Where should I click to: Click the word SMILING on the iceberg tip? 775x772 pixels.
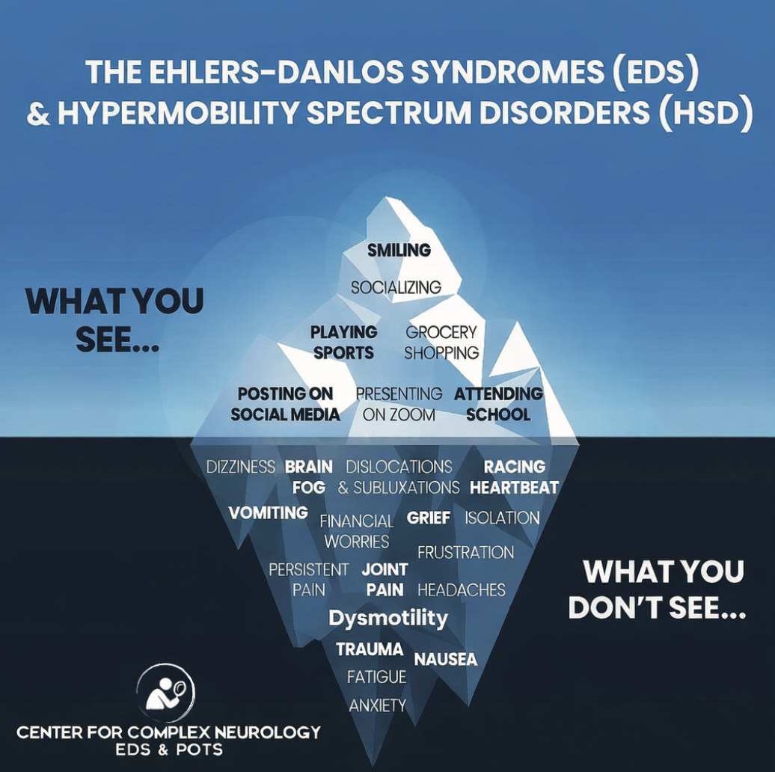pyautogui.click(x=399, y=251)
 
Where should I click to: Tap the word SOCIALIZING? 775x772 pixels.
pyautogui.click(x=396, y=287)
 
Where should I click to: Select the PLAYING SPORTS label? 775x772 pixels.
pyautogui.click(x=343, y=342)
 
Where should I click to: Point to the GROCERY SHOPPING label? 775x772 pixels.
pyautogui.click(x=441, y=342)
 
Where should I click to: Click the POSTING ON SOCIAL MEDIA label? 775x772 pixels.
pyautogui.click(x=285, y=404)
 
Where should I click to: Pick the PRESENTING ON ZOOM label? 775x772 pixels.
pyautogui.click(x=399, y=404)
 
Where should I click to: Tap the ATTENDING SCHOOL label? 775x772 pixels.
pyautogui.click(x=498, y=404)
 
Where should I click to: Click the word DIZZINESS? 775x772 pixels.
pyautogui.click(x=241, y=468)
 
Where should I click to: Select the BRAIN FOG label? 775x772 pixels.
pyautogui.click(x=309, y=477)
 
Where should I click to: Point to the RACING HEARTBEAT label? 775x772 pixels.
pyautogui.click(x=514, y=477)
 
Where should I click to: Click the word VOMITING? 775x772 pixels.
pyautogui.click(x=268, y=512)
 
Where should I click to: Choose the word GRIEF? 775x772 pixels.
pyautogui.click(x=429, y=518)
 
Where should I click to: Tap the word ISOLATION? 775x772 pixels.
pyautogui.click(x=502, y=518)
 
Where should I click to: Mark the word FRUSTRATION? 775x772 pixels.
pyautogui.click(x=465, y=553)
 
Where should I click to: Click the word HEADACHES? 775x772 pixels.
pyautogui.click(x=461, y=590)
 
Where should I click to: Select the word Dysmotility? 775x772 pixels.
pyautogui.click(x=388, y=619)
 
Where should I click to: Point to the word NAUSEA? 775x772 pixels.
pyautogui.click(x=445, y=659)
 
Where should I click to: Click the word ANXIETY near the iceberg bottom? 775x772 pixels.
pyautogui.click(x=378, y=705)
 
